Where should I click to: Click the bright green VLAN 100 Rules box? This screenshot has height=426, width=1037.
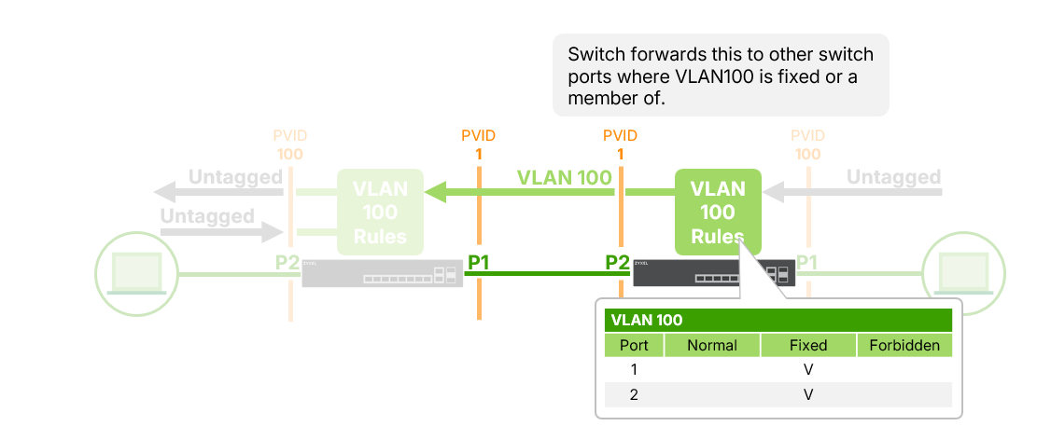[x=718, y=213]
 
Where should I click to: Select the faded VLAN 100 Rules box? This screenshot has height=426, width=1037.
[x=380, y=213]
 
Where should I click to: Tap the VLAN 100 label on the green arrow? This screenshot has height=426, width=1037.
[x=565, y=177]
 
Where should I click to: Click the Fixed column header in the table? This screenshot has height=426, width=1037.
[x=807, y=345]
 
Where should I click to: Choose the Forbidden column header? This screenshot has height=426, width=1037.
[x=904, y=345]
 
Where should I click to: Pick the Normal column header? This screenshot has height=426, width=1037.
[x=712, y=345]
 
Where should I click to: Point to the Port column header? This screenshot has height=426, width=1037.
[x=634, y=345]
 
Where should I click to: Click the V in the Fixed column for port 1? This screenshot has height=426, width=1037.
[x=808, y=370]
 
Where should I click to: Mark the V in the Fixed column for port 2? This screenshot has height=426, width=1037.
[x=808, y=395]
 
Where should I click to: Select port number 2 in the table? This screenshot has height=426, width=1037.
[x=634, y=395]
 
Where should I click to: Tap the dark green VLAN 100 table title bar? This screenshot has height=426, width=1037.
[x=778, y=321]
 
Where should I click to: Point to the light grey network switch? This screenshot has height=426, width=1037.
[x=382, y=273]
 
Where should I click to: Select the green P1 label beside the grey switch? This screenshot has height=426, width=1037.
[x=478, y=263]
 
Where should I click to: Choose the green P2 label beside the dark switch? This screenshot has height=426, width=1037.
[x=617, y=263]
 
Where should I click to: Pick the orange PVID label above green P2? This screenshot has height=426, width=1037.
[x=620, y=136]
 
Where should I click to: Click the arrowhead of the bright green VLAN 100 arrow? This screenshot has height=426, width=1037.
[x=435, y=193]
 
